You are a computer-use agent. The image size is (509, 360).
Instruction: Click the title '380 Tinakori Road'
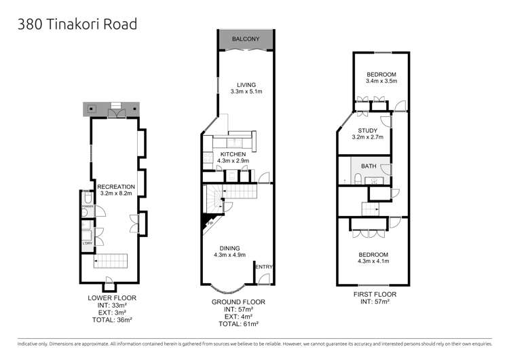coord(77,24)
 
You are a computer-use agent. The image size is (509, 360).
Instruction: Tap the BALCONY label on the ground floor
coord(246,39)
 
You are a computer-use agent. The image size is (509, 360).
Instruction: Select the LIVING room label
coord(242,84)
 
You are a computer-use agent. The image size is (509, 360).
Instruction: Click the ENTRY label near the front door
coord(263,267)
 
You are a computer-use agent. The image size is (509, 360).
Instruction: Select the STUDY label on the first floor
coord(368,129)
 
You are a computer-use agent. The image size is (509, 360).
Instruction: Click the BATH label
coord(369,166)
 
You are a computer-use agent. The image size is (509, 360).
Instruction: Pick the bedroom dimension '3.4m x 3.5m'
coord(381,81)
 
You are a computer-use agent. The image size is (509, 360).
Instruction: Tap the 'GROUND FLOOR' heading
coord(238,301)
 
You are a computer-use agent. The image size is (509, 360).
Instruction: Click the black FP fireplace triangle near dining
coord(205,219)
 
